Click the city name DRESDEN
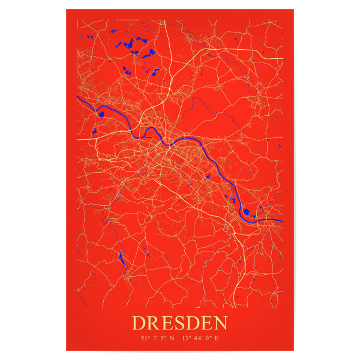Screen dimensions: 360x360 [x=180, y=323]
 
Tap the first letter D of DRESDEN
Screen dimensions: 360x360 [x=139, y=323]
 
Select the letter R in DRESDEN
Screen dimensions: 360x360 [x=153, y=323]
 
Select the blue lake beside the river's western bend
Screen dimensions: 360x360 [x=101, y=113]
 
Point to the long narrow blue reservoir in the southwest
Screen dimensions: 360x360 [x=122, y=260]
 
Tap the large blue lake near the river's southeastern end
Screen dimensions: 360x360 [x=248, y=211]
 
